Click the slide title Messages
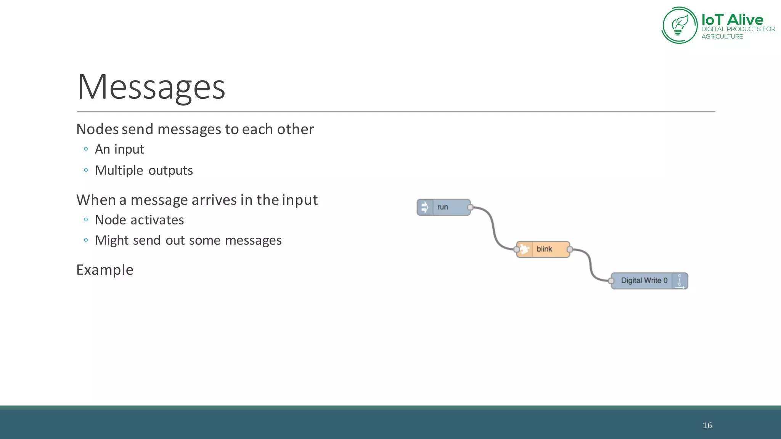pos(151,87)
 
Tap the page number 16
pos(707,426)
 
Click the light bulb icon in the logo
pos(679,25)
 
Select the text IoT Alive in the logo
pos(732,19)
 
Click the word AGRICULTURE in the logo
pos(722,37)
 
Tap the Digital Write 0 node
pos(644,281)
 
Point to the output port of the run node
pos(470,207)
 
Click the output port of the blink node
pos(569,250)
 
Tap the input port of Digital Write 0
pos(611,281)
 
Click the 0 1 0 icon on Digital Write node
pos(680,281)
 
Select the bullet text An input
pos(119,149)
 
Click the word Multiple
pos(119,170)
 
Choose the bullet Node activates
pos(139,220)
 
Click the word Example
pos(105,270)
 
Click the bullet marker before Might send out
pos(86,240)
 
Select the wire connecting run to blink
pos(493,229)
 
